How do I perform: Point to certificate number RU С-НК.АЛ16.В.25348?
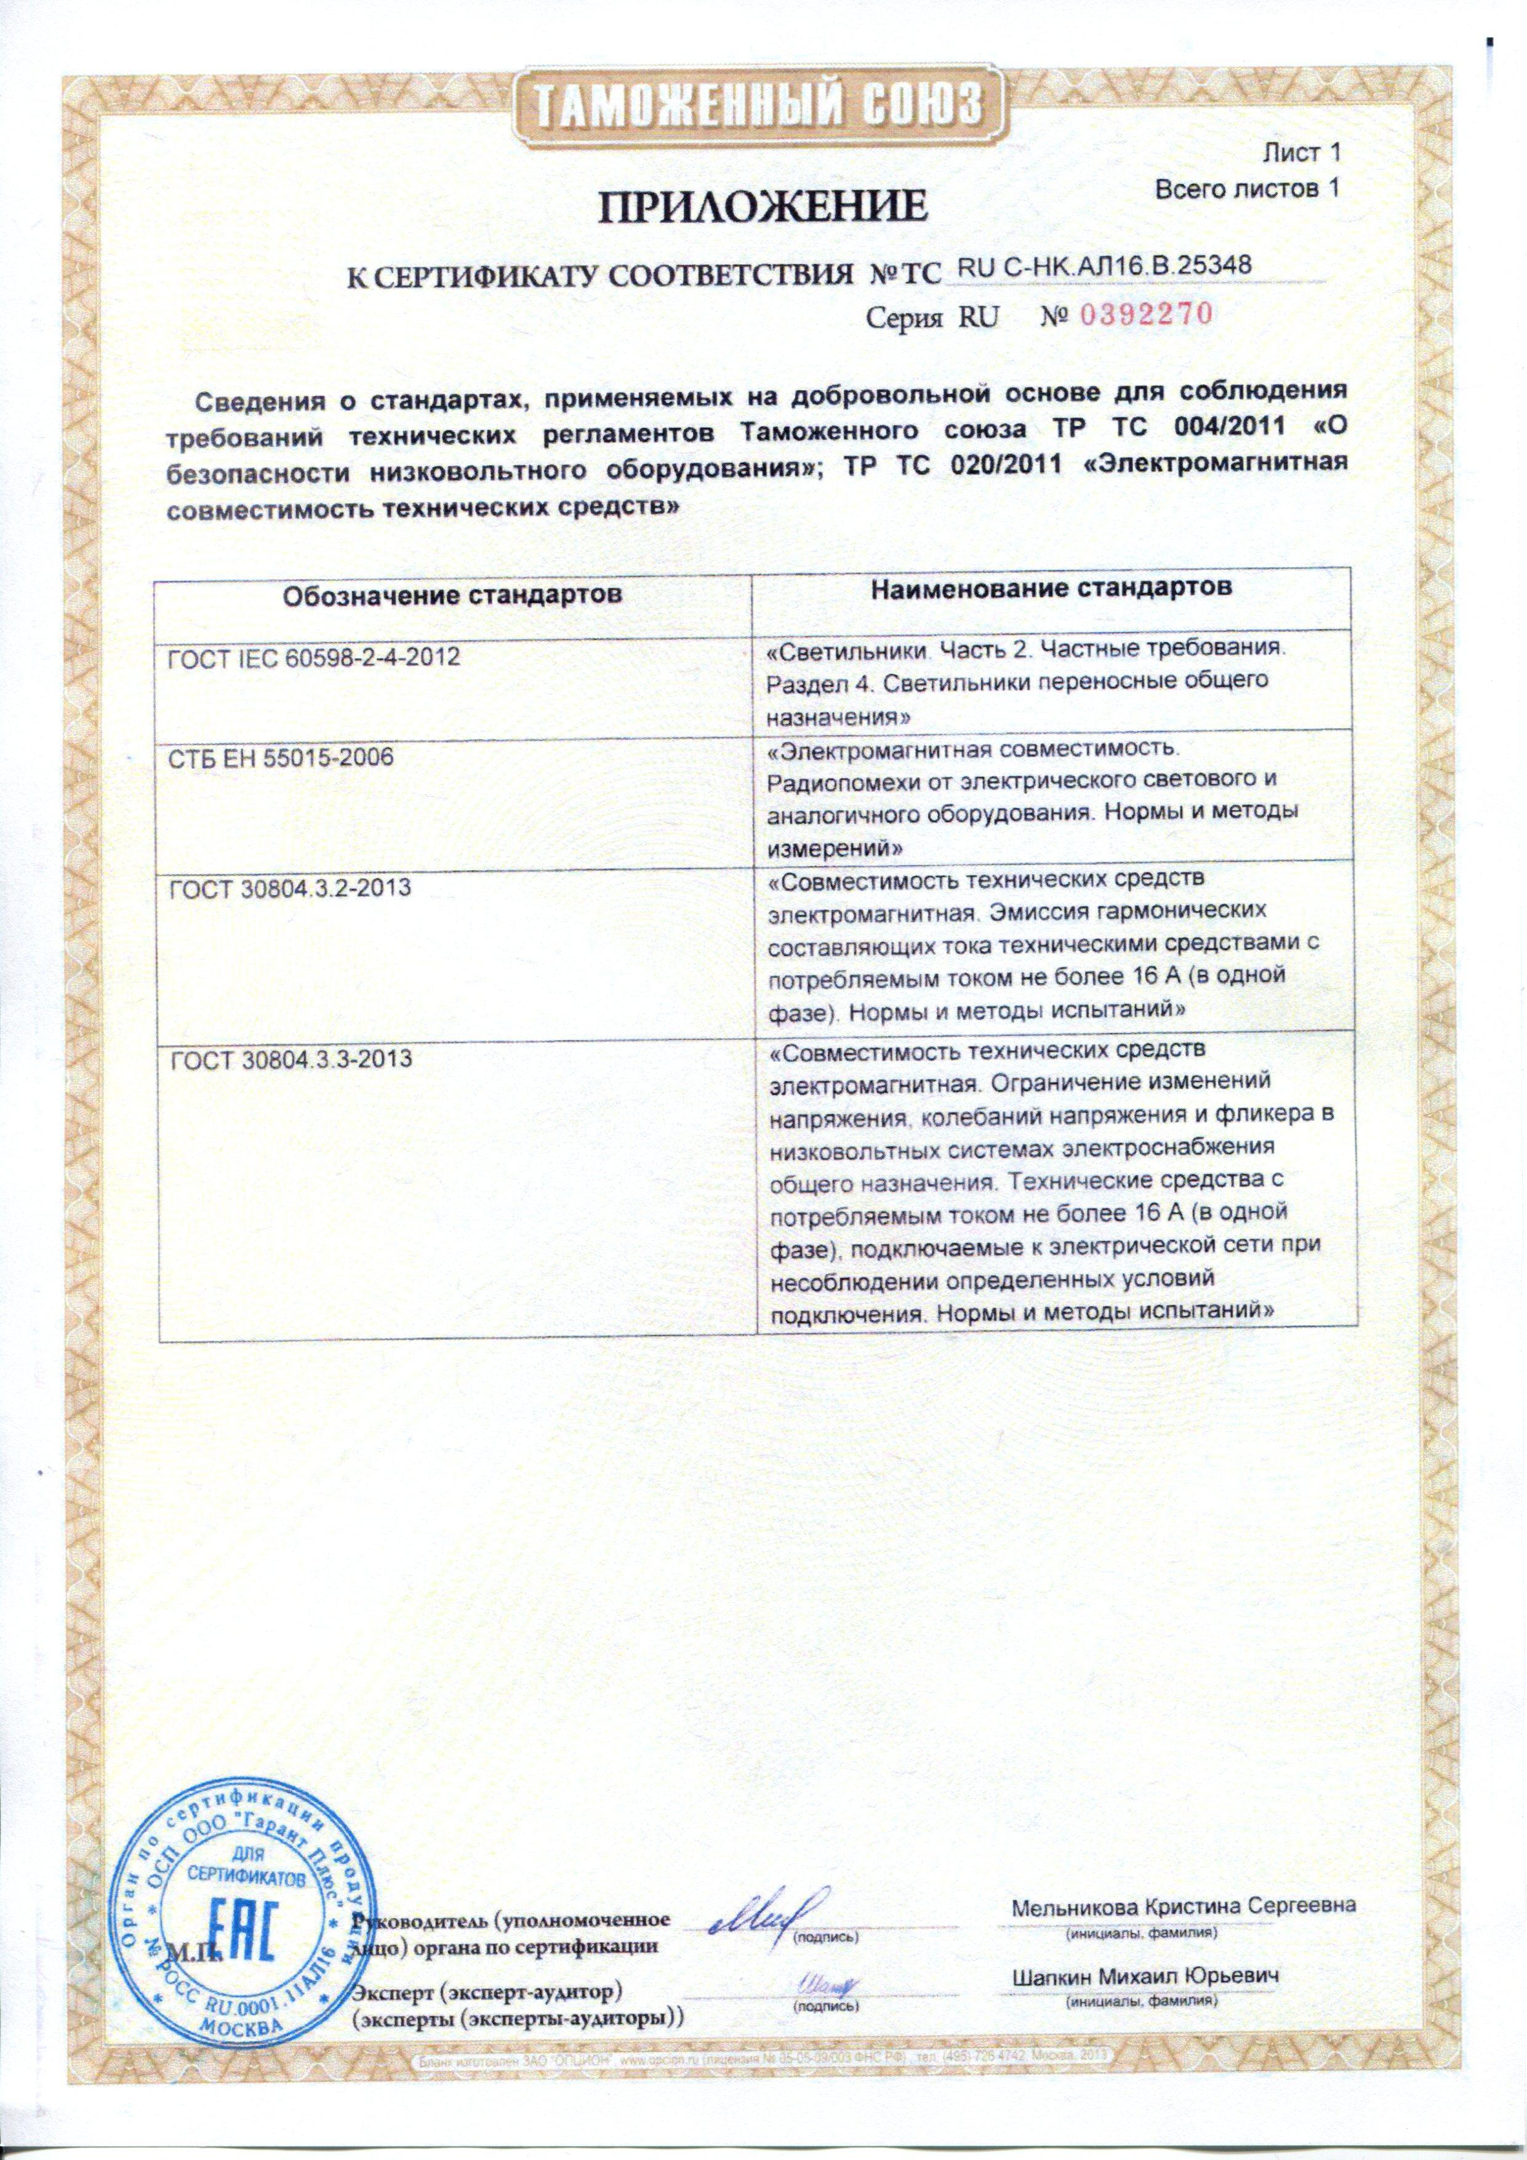click(x=1103, y=267)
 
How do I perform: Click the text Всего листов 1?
click(x=1246, y=189)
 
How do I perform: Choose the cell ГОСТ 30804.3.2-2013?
click(x=290, y=886)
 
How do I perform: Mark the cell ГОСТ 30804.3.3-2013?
click(x=292, y=1058)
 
